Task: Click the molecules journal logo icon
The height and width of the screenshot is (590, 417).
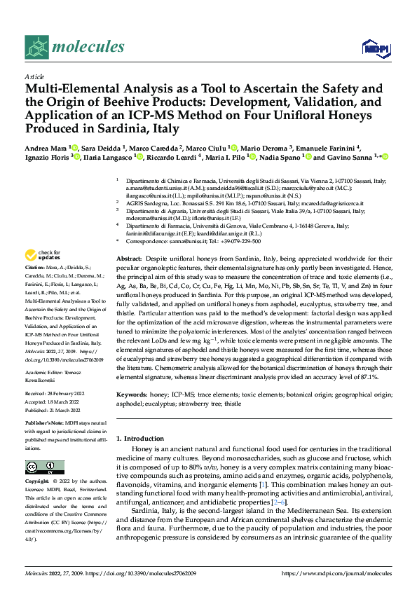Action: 36,47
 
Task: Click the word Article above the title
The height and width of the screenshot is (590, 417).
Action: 34,76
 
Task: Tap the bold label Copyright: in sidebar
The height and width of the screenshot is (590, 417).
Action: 37,482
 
